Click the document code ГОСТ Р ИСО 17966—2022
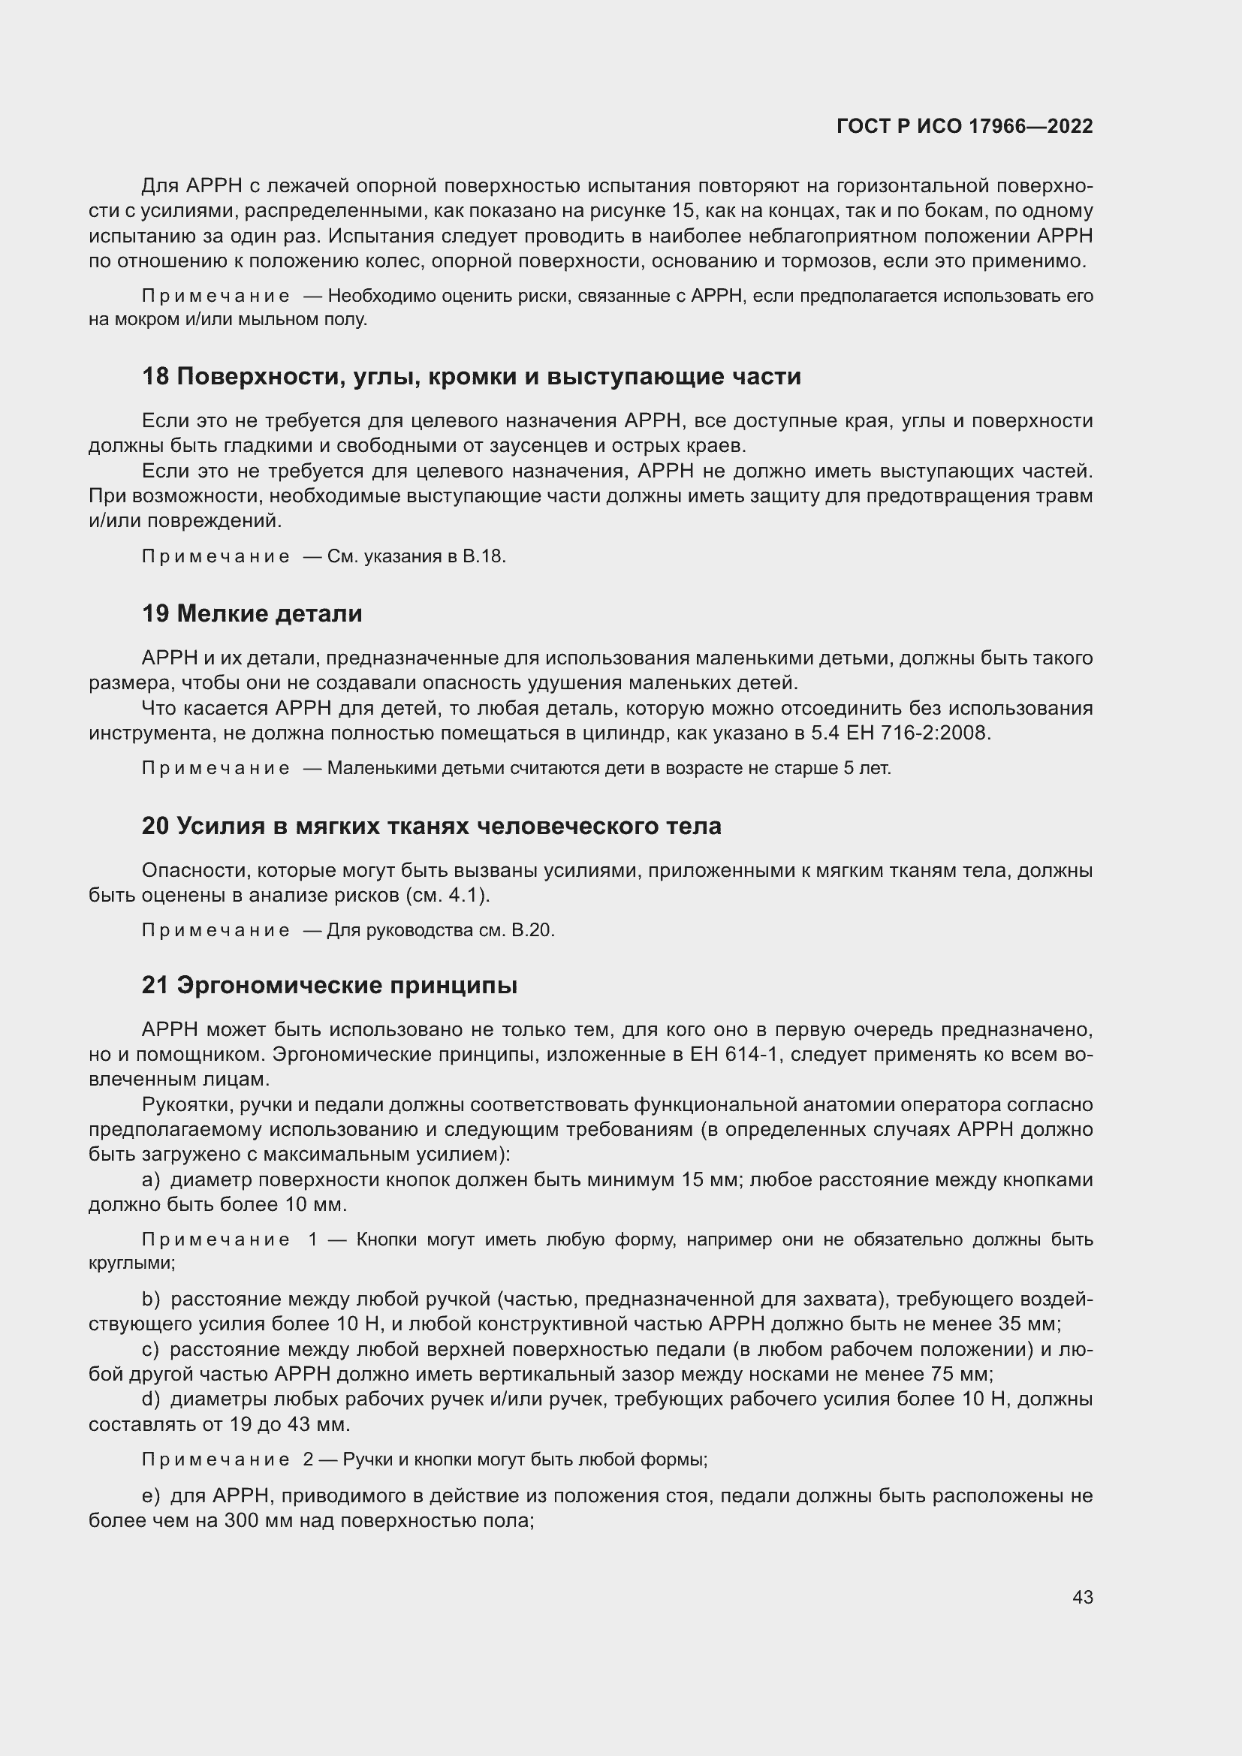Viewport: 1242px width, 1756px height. (x=964, y=126)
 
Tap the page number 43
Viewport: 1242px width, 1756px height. (x=1082, y=1597)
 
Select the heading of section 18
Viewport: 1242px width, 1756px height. (x=471, y=376)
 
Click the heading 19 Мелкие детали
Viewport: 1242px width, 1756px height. (x=252, y=613)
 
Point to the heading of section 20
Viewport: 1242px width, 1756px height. (x=431, y=826)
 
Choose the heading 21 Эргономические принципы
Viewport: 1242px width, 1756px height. (x=329, y=985)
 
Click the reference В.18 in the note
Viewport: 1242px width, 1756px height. (x=484, y=556)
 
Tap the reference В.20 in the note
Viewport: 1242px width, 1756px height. (x=532, y=930)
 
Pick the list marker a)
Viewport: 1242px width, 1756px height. (x=151, y=1180)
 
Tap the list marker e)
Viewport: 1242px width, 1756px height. (x=151, y=1495)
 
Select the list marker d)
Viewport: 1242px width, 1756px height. (x=151, y=1399)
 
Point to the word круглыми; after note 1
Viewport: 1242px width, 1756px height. (x=131, y=1263)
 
